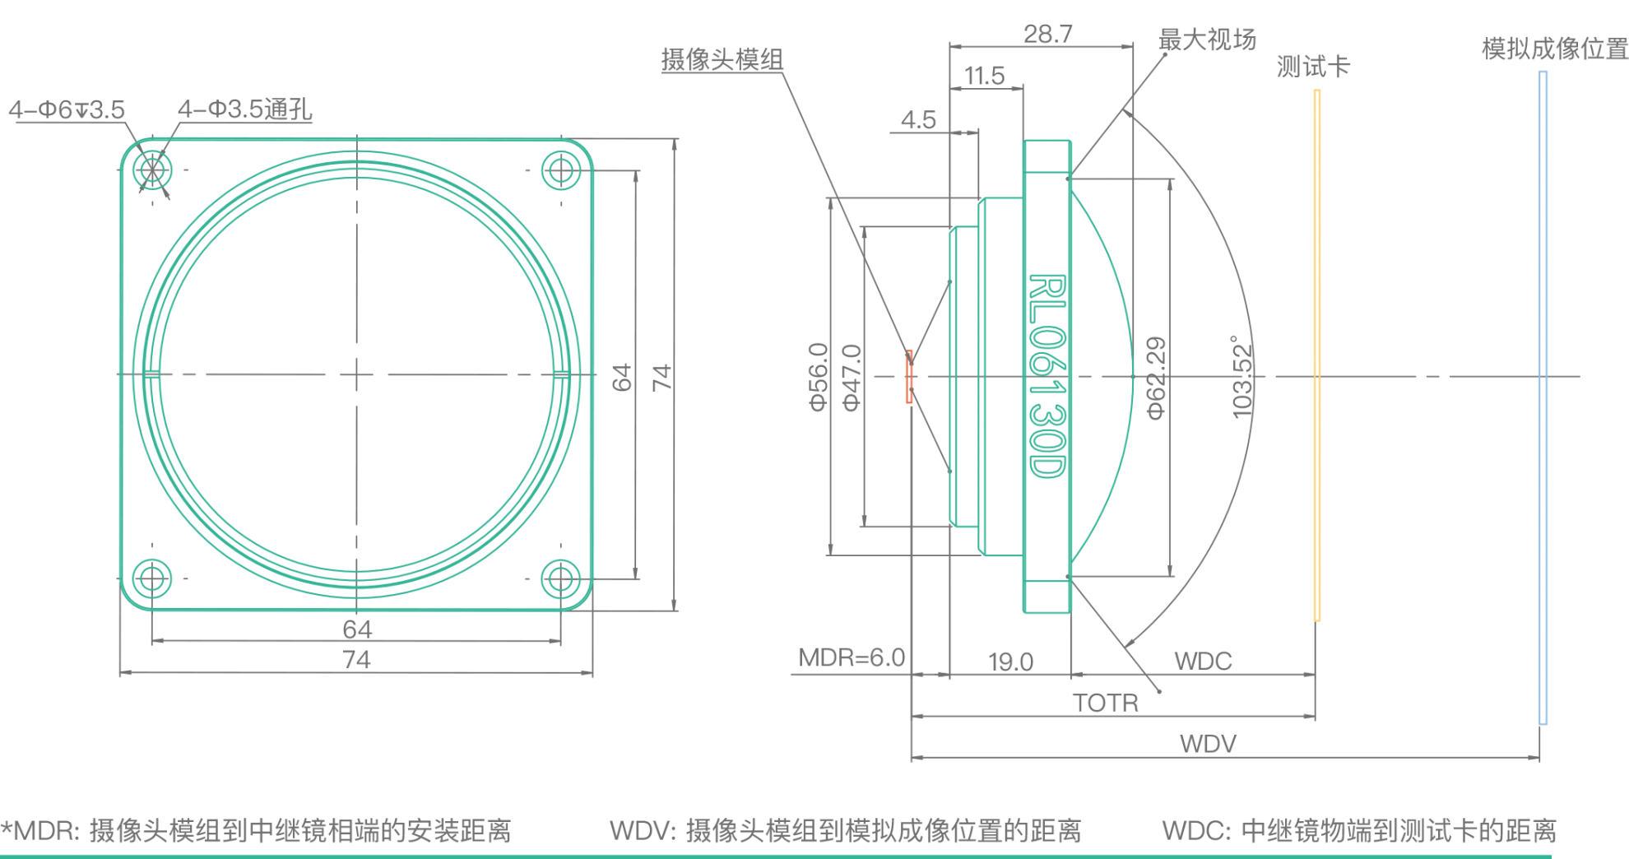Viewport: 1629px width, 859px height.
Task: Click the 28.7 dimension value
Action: click(1047, 34)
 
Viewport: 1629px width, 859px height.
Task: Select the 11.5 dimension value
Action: click(984, 77)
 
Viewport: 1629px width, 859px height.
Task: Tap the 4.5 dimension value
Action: click(918, 120)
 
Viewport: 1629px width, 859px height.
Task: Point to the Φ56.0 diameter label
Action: click(819, 377)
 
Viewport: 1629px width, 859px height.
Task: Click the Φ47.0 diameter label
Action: click(852, 377)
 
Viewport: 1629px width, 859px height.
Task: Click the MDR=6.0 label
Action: click(852, 658)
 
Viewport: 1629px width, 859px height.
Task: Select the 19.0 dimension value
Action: click(1009, 662)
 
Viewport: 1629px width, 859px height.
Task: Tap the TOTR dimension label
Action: click(1105, 703)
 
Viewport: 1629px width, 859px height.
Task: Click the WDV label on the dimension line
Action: click(1208, 744)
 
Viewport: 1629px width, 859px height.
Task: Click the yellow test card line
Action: click(1317, 354)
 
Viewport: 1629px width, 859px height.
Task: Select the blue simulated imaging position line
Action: click(1543, 395)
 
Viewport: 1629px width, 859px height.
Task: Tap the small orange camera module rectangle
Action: click(909, 377)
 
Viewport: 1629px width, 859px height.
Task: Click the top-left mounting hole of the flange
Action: click(152, 170)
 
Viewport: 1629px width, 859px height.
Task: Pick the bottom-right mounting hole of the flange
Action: click(561, 579)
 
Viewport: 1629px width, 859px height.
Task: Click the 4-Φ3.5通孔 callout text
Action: click(244, 109)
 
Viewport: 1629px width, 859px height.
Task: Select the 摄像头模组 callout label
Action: click(722, 60)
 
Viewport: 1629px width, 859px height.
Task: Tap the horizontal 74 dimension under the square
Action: click(356, 660)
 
